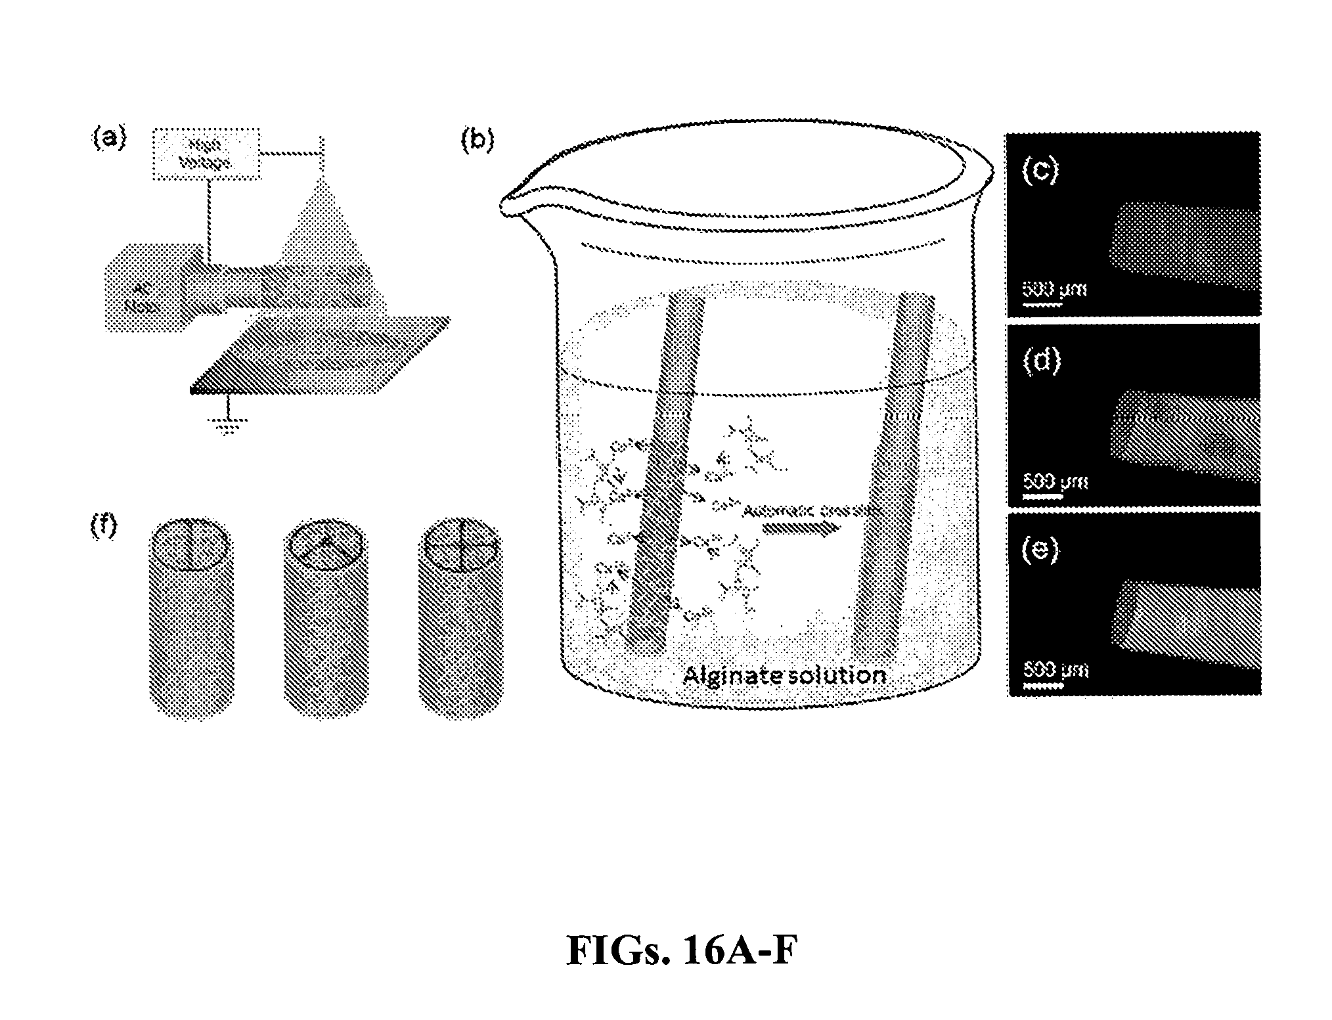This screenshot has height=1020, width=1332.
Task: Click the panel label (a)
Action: pyautogui.click(x=108, y=139)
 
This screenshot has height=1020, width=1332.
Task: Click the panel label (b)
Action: pyautogui.click(x=477, y=140)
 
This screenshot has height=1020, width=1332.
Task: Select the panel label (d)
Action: pyautogui.click(x=1042, y=361)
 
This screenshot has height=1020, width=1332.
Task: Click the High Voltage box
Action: pyautogui.click(x=207, y=155)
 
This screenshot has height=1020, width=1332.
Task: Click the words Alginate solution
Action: pyautogui.click(x=784, y=675)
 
